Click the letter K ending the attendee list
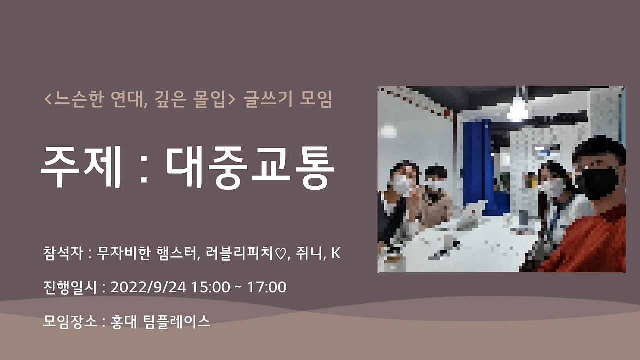pyautogui.click(x=336, y=253)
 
